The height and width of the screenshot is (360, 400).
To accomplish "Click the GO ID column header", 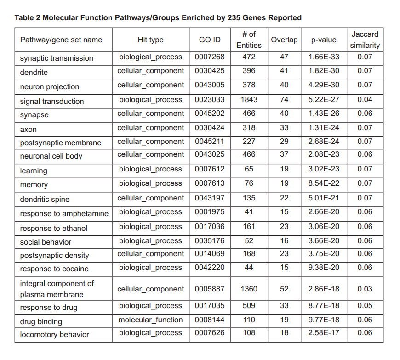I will (x=210, y=40).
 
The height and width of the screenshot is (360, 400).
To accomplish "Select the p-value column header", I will (x=324, y=40).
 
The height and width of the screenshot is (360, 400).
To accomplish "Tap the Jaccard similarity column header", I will (x=365, y=40).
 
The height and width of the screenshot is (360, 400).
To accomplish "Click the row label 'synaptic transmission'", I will (x=57, y=58).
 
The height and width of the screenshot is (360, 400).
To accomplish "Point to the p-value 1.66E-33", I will (x=324, y=57).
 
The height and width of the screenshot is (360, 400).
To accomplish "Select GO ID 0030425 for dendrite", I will (x=210, y=71).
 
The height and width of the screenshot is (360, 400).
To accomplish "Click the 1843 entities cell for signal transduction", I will (x=249, y=99).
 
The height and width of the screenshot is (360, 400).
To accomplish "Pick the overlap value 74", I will (x=284, y=99).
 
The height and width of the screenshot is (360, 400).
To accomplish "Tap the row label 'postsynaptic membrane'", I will (x=61, y=143).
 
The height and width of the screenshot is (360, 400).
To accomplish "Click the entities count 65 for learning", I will (x=249, y=169).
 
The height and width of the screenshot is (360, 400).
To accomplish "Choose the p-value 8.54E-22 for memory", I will (x=324, y=183).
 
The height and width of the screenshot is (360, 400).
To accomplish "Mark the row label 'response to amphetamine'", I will (x=64, y=214).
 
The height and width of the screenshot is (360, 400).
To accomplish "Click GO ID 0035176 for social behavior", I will (x=210, y=241).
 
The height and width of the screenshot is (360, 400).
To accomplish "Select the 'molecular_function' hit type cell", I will (x=150, y=320).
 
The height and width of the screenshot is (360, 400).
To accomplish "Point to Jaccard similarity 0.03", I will (x=365, y=289).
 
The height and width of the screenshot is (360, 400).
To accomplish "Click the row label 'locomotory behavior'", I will (x=55, y=335).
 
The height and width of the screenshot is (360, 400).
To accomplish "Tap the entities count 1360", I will (x=249, y=289).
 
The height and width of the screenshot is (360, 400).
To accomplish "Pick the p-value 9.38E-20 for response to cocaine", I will (x=324, y=268).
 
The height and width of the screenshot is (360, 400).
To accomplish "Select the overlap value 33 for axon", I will (x=284, y=128).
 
